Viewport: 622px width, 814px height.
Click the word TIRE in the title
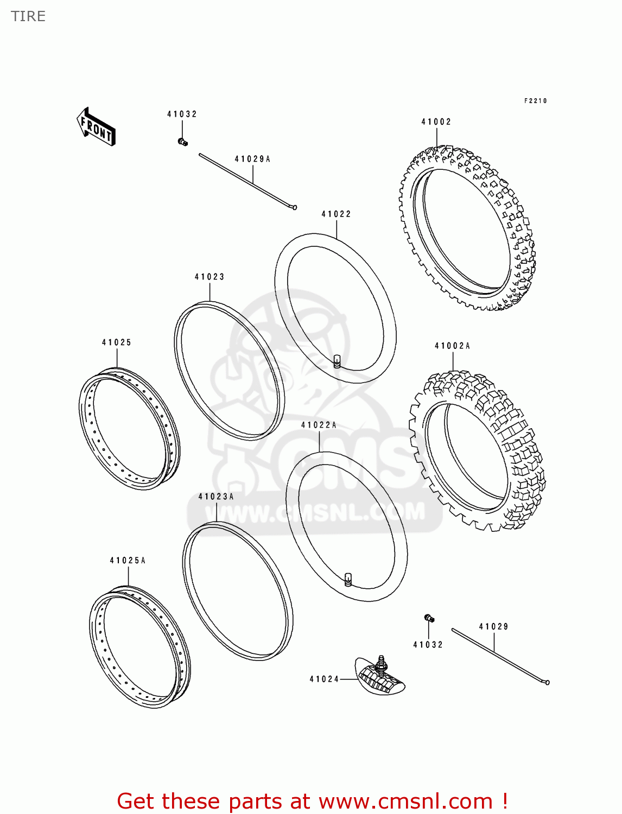(28, 16)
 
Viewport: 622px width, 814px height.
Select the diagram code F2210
(535, 101)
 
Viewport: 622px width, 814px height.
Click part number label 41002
(436, 122)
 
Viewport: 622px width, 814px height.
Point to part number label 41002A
(452, 346)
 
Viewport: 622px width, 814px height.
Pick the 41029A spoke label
(252, 159)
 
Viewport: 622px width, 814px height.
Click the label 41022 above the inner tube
(336, 214)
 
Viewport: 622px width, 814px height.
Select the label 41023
(210, 277)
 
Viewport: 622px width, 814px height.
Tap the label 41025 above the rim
(117, 342)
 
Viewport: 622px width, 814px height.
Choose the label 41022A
(319, 425)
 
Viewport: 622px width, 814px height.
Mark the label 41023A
(216, 497)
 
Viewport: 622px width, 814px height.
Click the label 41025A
(128, 561)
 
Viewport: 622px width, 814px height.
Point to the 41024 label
(324, 679)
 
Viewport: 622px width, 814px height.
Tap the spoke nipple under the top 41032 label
(182, 142)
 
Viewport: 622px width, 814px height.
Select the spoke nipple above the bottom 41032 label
(429, 618)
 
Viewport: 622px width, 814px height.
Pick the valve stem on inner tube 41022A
(348, 579)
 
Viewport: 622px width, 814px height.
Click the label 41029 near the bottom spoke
(493, 627)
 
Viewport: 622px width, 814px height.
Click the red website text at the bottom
(312, 801)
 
